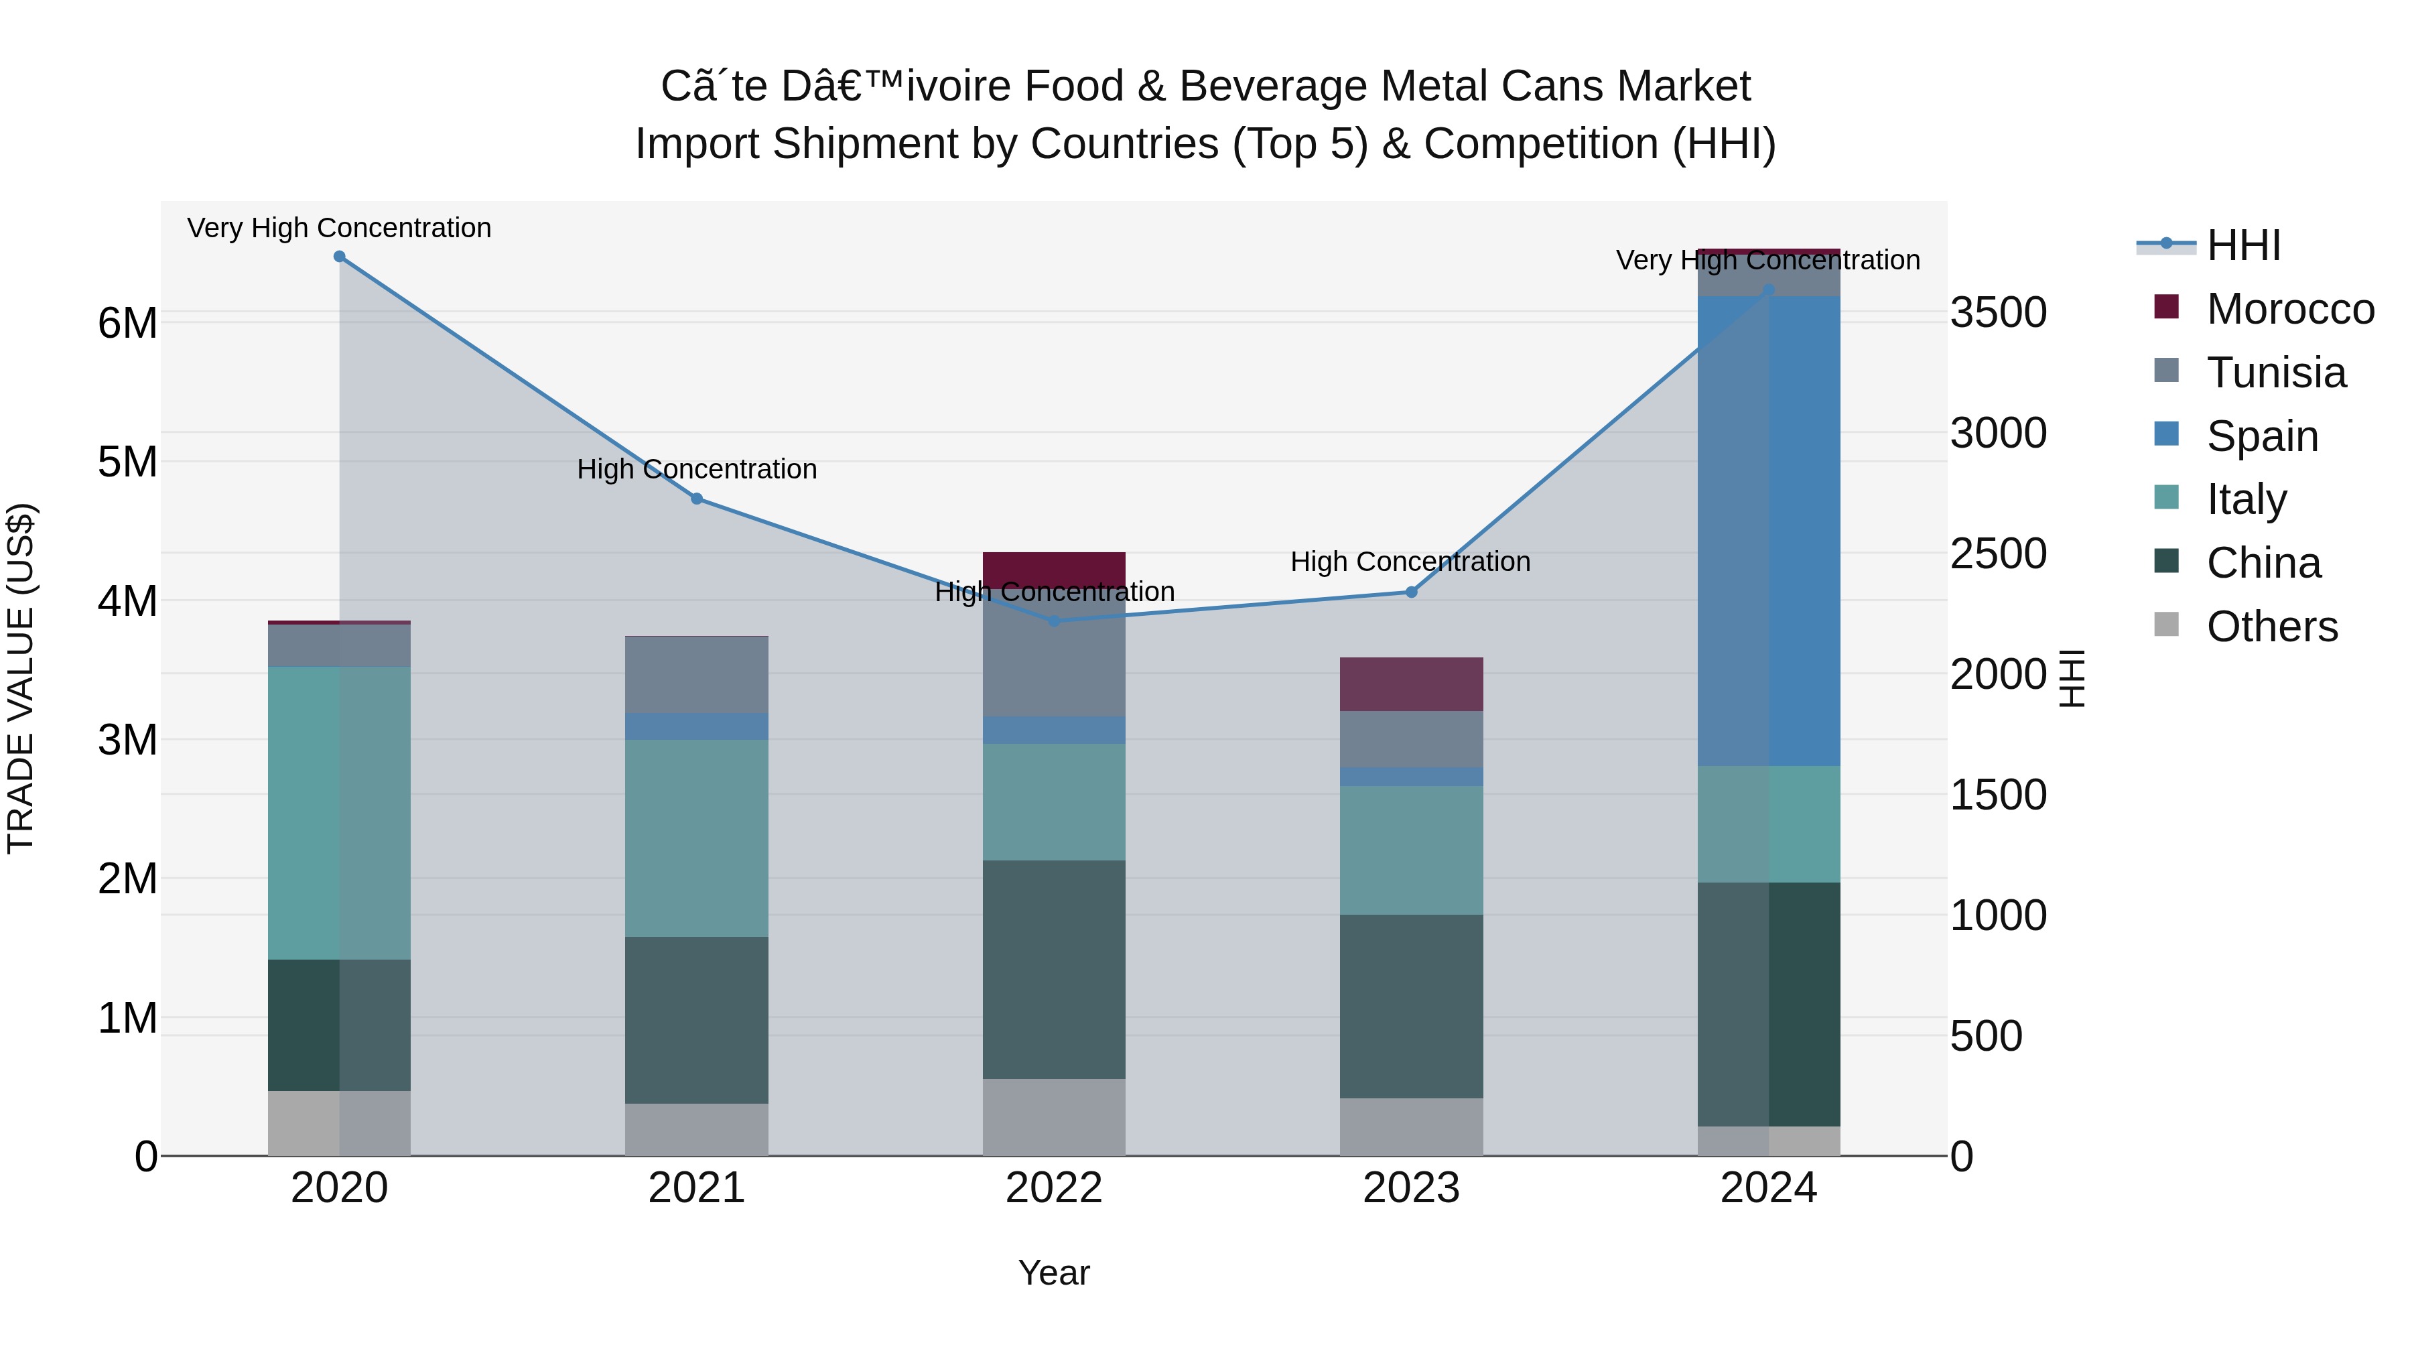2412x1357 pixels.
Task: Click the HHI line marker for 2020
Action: (340, 257)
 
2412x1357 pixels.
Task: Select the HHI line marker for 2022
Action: (1055, 621)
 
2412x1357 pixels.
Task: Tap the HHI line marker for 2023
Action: (1412, 592)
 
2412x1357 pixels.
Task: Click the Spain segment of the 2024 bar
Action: (1769, 531)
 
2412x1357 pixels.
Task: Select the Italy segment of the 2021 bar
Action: (697, 838)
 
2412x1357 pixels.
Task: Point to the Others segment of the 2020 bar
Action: (339, 1123)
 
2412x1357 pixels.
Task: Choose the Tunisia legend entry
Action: (2275, 373)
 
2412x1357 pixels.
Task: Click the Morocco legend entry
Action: (2289, 309)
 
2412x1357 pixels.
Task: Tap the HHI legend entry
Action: (2242, 245)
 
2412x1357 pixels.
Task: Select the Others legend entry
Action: (2271, 627)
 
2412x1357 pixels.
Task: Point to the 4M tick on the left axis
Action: (127, 601)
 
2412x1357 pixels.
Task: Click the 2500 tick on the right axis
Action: (1998, 554)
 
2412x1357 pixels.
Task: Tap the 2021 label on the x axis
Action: (697, 1188)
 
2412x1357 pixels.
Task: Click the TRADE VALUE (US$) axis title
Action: (21, 678)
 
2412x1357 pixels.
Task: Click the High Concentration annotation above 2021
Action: (697, 468)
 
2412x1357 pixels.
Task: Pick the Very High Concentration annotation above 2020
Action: (339, 228)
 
